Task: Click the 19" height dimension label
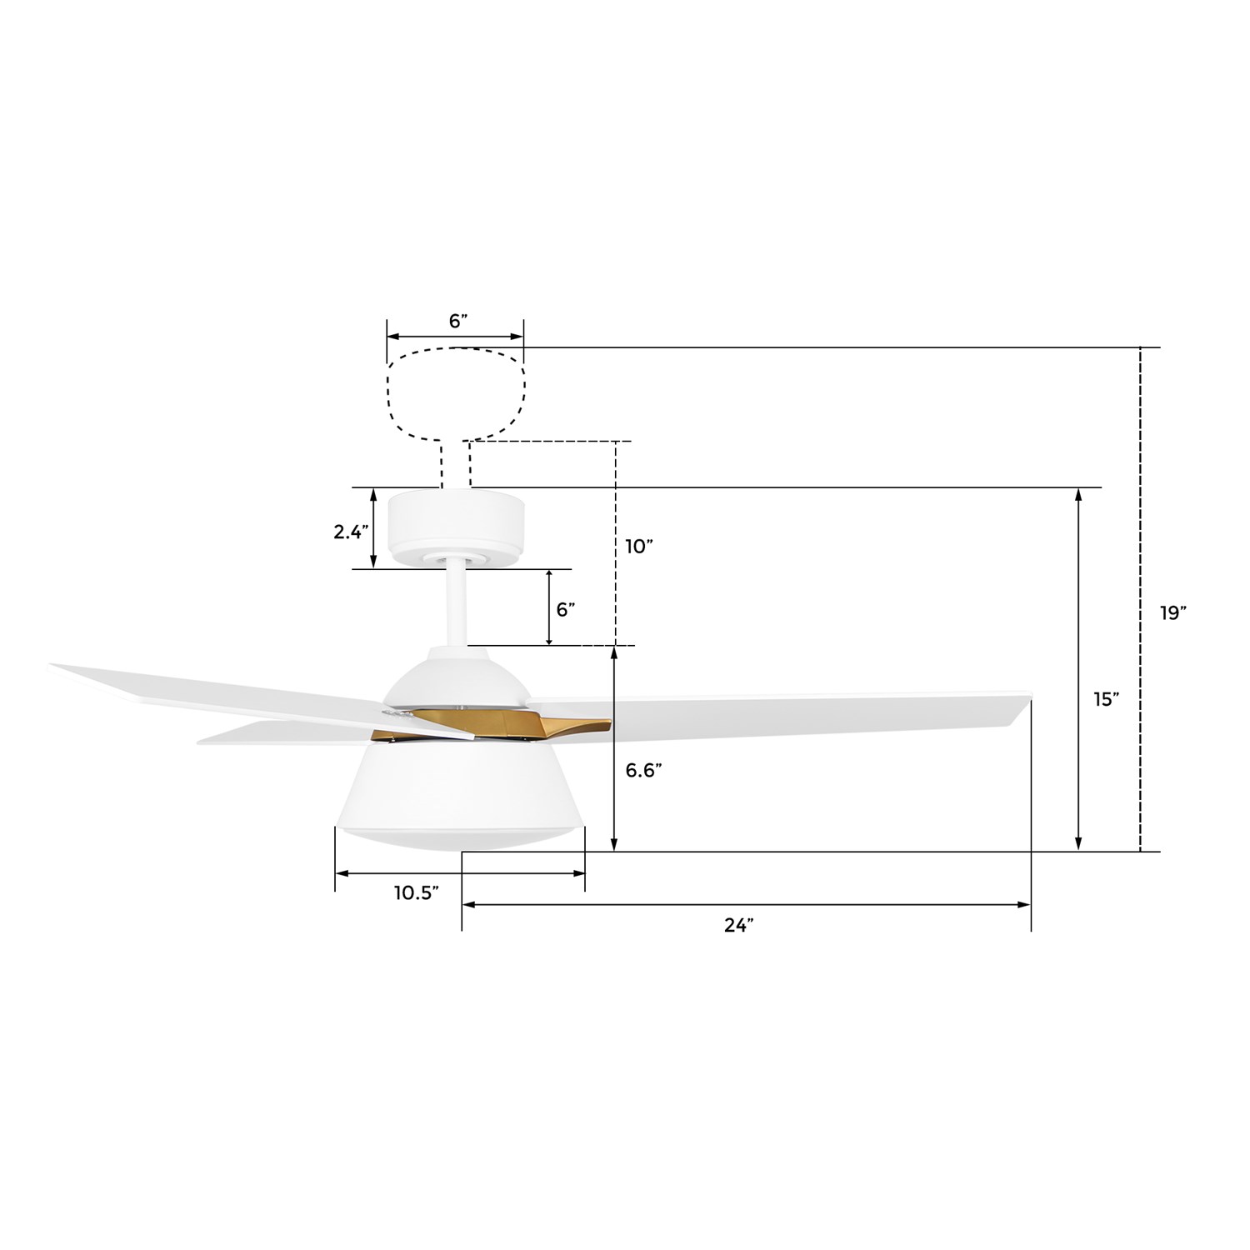tap(1172, 612)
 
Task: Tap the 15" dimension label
tap(1107, 699)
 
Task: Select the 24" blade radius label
tap(738, 925)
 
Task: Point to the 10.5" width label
tap(417, 893)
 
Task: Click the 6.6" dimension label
tap(644, 771)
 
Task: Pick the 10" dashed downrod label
tap(639, 547)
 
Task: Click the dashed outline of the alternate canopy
tap(388, 392)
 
